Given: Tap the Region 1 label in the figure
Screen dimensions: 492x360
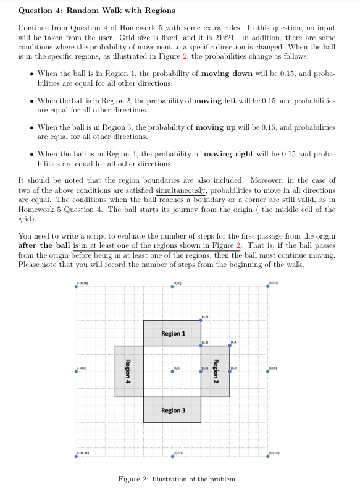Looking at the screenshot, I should pyautogui.click(x=173, y=333).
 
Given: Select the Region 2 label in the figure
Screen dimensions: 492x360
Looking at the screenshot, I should pyautogui.click(x=216, y=371).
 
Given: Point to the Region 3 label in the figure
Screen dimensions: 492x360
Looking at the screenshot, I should pyautogui.click(x=173, y=410).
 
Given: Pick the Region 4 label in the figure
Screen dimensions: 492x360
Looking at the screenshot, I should pyautogui.click(x=128, y=371).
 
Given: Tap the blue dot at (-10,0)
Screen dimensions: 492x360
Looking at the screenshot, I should pyautogui.click(x=77, y=372).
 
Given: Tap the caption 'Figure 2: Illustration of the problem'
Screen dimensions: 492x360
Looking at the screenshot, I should pyautogui.click(x=177, y=479).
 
